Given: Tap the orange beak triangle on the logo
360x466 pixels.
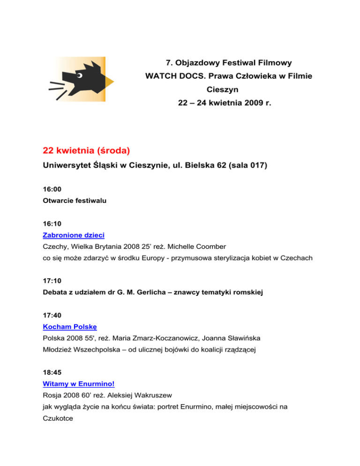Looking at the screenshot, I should pos(109,83).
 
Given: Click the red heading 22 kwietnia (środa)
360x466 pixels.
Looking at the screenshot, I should pos(86,151).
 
